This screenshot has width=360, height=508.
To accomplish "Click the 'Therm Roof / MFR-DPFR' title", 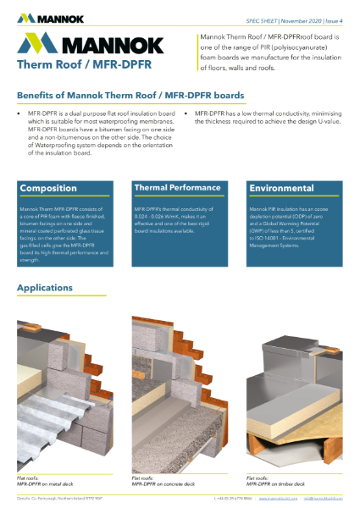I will coord(68,64).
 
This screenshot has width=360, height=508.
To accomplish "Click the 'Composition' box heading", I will coord(48,188).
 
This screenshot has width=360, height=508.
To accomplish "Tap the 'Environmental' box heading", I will coord(280,187).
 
